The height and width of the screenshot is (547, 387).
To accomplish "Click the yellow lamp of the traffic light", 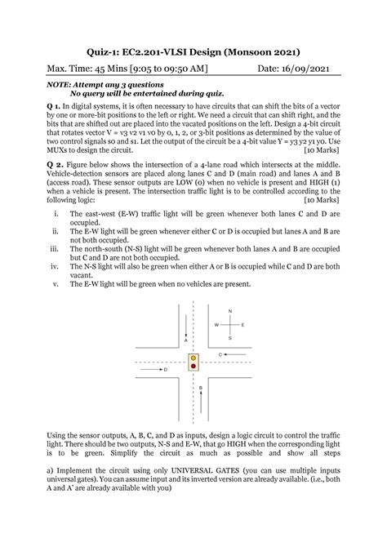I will [193, 358].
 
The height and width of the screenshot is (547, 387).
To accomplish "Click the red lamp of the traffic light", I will [193, 367].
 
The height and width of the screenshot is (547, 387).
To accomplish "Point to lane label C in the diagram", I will [221, 354].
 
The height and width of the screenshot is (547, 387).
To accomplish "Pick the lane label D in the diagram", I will [165, 370].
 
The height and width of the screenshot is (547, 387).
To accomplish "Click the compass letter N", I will [230, 312].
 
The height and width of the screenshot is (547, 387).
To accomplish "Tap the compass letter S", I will [230, 337].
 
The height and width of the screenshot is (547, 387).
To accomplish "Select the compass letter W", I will [216, 325].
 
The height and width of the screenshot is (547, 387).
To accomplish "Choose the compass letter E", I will [243, 325].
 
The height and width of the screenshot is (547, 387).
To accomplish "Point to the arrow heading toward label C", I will [234, 354].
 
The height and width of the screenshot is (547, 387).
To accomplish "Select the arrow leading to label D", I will [153, 370].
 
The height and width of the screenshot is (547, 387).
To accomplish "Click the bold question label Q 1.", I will [53, 107].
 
